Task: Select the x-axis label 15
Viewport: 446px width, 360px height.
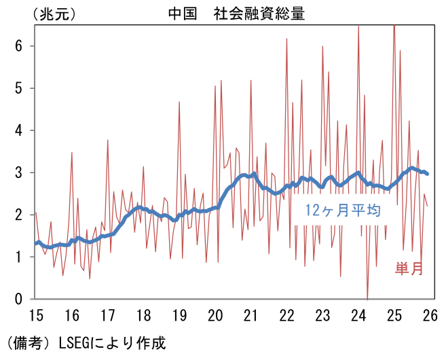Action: [36, 315]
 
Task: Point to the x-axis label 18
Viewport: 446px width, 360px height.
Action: [143, 315]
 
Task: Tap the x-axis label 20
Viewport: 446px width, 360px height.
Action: [215, 315]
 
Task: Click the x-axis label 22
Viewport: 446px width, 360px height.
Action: [286, 315]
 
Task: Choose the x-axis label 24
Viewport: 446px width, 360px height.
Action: [358, 315]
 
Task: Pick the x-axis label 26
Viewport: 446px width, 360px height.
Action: [430, 315]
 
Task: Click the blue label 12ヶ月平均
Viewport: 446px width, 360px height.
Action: [345, 211]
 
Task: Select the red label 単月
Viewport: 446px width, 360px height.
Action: [409, 269]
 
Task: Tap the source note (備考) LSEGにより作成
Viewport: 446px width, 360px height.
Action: [85, 342]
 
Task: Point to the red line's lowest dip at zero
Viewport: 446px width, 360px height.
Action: [367, 298]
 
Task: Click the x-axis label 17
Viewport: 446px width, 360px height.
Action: [107, 315]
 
